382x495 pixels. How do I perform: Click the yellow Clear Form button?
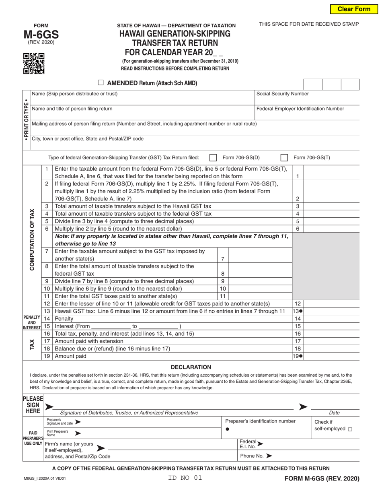pyautogui.click(x=354, y=9)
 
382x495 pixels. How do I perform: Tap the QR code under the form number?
pyautogui.click(x=34, y=64)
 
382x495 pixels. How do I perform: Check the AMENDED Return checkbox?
pyautogui.click(x=101, y=83)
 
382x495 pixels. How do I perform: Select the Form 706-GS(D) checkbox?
pyautogui.click(x=214, y=157)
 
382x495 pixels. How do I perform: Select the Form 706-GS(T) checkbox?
pyautogui.click(x=284, y=157)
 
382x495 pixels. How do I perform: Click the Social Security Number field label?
pyautogui.click(x=282, y=94)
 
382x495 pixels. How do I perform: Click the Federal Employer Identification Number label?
pyautogui.click(x=300, y=109)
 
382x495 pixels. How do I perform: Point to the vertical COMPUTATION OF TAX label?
pyautogui.click(x=32, y=239)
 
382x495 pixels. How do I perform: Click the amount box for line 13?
pyautogui.click(x=331, y=311)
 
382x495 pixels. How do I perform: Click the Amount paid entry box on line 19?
pyautogui.click(x=331, y=356)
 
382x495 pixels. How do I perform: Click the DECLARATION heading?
pyautogui.click(x=191, y=367)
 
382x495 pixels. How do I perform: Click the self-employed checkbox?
pyautogui.click(x=350, y=429)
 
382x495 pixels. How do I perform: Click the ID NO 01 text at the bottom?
pyautogui.click(x=185, y=478)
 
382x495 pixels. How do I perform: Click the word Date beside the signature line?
pyautogui.click(x=334, y=412)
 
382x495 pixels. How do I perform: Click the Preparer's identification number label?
pyautogui.click(x=260, y=421)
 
